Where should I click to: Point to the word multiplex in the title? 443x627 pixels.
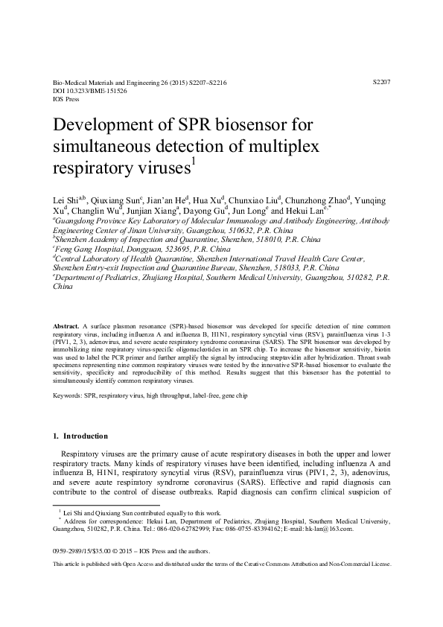point(284,144)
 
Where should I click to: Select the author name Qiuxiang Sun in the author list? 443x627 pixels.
point(118,201)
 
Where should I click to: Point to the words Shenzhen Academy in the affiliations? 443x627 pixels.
point(89,239)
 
